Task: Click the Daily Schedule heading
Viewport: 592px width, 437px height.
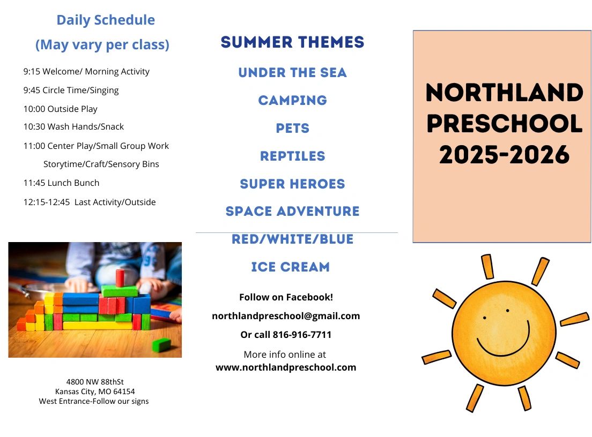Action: (106, 20)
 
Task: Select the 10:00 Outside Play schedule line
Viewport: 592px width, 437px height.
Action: (61, 109)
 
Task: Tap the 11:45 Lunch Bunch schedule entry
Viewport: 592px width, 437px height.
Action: (62, 183)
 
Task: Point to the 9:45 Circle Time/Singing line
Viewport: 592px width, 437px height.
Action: (71, 91)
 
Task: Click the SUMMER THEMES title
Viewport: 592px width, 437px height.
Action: (293, 42)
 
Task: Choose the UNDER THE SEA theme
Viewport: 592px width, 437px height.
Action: (293, 72)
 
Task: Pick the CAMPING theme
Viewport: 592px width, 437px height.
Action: (293, 100)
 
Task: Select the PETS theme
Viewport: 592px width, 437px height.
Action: (293, 128)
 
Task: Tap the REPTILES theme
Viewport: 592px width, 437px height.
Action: (293, 156)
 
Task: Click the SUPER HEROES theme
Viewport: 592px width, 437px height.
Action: (293, 184)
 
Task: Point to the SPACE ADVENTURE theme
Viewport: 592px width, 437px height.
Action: (293, 211)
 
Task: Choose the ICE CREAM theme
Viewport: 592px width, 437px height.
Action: (290, 267)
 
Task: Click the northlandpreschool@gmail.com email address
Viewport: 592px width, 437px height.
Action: (286, 316)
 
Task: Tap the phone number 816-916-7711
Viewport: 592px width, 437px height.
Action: (302, 335)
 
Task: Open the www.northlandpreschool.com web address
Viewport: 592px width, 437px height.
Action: (286, 367)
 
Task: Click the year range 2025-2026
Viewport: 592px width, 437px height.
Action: (505, 155)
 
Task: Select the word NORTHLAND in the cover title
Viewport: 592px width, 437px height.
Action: (505, 92)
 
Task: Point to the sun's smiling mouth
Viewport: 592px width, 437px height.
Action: (504, 340)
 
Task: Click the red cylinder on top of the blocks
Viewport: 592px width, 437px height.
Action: (120, 278)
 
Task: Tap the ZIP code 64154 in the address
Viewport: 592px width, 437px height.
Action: (124, 392)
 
